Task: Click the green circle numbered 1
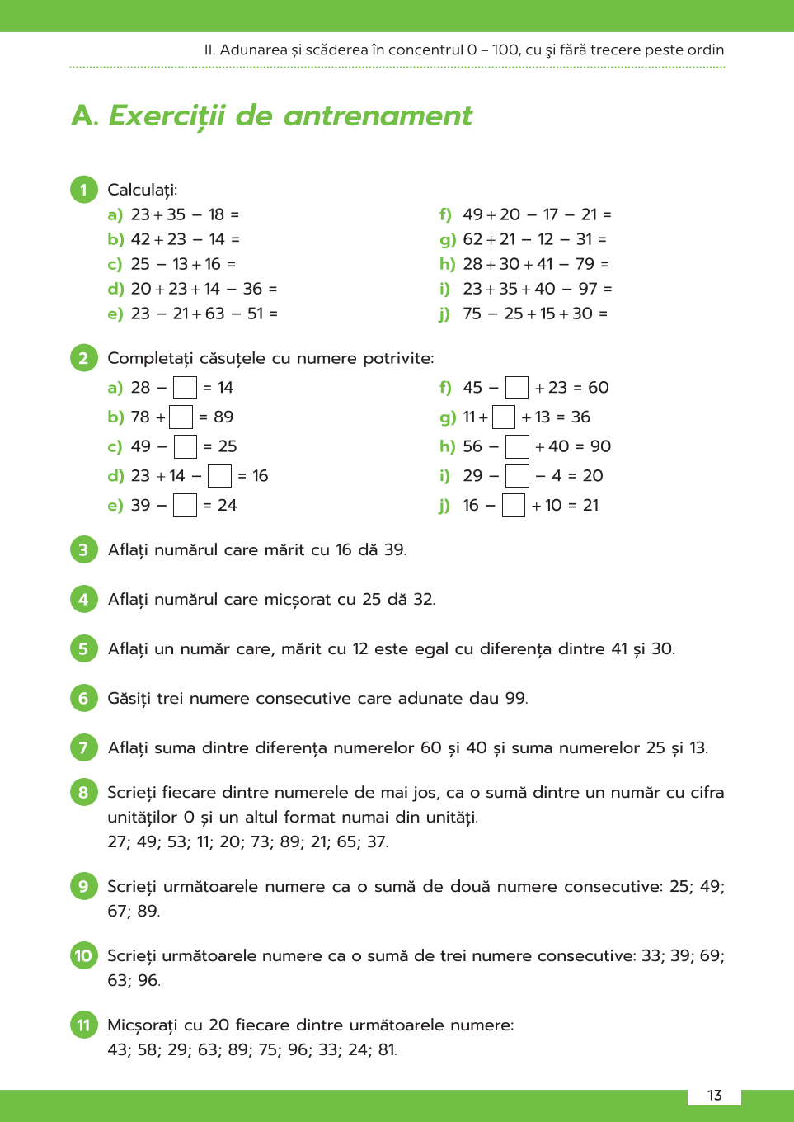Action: [x=83, y=190]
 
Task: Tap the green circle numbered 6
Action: [x=83, y=698]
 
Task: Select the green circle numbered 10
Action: [x=83, y=955]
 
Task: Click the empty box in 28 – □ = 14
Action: [x=185, y=388]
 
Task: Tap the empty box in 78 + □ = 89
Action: [x=181, y=417]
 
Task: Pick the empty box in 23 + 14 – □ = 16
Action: [x=219, y=476]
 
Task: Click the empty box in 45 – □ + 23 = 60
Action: [x=517, y=388]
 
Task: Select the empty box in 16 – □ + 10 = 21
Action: [x=514, y=505]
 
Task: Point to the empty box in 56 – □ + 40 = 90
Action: [x=517, y=446]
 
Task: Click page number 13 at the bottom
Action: [x=714, y=1095]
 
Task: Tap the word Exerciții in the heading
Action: [x=167, y=116]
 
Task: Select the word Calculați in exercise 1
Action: [x=142, y=190]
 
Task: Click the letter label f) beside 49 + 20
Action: [x=445, y=214]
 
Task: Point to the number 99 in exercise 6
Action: [x=515, y=698]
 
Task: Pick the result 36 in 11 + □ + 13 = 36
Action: [x=580, y=417]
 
